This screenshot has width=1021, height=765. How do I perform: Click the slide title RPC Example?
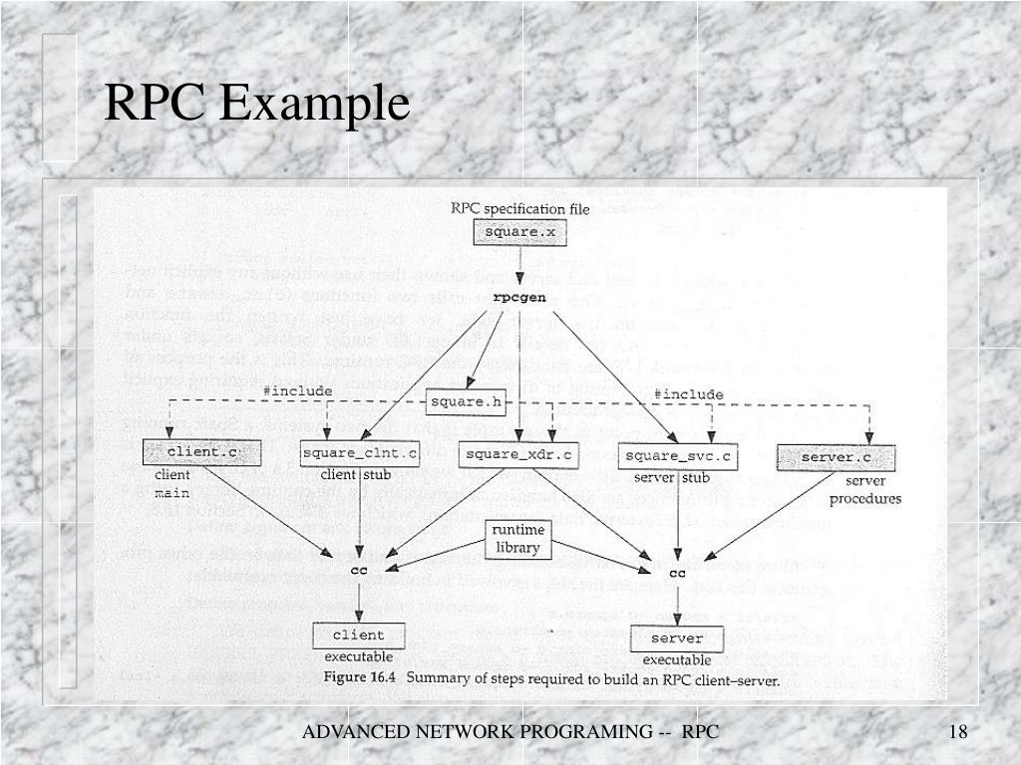(x=257, y=104)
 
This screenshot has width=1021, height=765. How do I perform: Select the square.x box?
(x=518, y=232)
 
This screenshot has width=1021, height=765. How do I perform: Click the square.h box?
(x=466, y=402)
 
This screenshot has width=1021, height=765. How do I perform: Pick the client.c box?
(x=187, y=452)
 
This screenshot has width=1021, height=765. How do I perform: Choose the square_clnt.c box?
(x=359, y=454)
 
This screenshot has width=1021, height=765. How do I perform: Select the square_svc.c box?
(x=678, y=457)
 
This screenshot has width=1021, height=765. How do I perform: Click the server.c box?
(x=836, y=457)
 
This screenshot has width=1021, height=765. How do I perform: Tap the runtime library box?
(x=516, y=539)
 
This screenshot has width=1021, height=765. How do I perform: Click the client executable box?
(x=358, y=635)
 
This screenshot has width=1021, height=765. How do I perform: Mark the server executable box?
(x=677, y=637)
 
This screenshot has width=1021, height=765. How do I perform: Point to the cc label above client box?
(x=359, y=570)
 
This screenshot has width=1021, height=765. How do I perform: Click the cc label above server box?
(x=678, y=573)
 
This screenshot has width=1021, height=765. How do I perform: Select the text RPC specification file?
(x=519, y=209)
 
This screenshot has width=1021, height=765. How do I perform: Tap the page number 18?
(x=958, y=733)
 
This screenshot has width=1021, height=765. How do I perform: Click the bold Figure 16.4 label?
(x=359, y=679)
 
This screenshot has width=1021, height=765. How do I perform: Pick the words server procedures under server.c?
(x=864, y=490)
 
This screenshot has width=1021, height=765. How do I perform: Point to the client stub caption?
(x=356, y=475)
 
